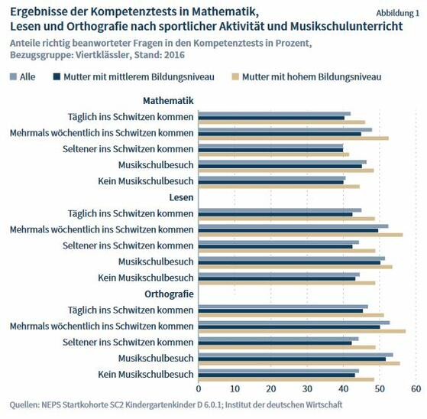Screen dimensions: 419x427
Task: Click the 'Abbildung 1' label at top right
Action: [397, 14]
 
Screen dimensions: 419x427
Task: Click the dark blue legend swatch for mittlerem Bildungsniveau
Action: [57, 76]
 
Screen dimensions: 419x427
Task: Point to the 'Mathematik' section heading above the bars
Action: [168, 100]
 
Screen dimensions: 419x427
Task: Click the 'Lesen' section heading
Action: [181, 197]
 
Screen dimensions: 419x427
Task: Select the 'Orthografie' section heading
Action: [169, 294]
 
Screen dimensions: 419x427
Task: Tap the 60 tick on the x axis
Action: [416, 389]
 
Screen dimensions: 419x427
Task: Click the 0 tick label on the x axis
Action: [199, 389]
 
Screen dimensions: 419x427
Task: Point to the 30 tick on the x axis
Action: [307, 389]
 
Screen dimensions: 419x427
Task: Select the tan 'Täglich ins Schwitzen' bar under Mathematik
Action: [282, 122]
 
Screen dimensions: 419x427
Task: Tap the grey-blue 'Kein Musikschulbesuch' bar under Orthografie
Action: [279, 370]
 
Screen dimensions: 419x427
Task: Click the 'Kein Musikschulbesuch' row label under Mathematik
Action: [146, 181]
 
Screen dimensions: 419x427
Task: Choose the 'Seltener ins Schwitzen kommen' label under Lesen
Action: [128, 245]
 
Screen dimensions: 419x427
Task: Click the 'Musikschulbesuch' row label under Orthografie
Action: [156, 358]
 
